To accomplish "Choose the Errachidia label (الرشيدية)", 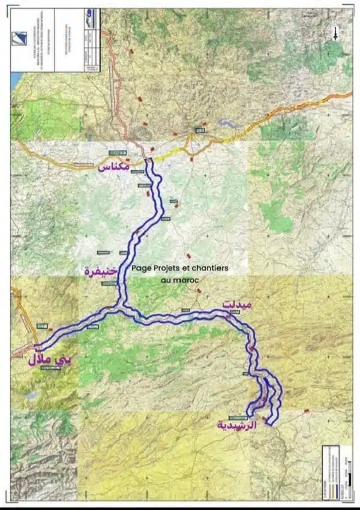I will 236,424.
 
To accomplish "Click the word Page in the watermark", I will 142,269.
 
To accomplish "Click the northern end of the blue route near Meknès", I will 148,161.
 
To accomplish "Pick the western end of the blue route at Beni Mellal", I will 38,347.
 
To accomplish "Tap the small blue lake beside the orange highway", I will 227,124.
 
